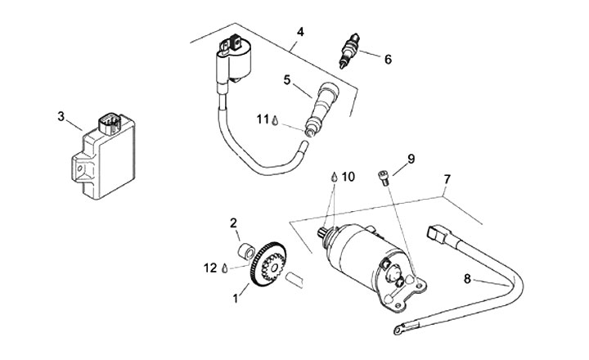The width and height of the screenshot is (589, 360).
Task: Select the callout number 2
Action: point(233,223)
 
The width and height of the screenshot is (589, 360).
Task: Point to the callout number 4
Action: point(300,32)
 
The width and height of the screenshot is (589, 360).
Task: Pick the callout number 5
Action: point(287,79)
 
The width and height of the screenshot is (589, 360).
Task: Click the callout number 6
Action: point(387,59)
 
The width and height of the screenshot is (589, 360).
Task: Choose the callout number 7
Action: point(447,178)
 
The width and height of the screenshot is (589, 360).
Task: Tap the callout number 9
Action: point(411,159)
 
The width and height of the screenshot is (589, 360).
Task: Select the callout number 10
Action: point(348,176)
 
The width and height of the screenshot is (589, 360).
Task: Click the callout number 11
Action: point(263,119)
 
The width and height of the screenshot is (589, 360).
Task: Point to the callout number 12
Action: point(210,267)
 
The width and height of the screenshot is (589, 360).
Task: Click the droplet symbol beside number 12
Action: point(224,267)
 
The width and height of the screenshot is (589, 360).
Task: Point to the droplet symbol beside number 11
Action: point(277,120)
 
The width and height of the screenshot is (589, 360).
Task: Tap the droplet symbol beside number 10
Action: point(334,177)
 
